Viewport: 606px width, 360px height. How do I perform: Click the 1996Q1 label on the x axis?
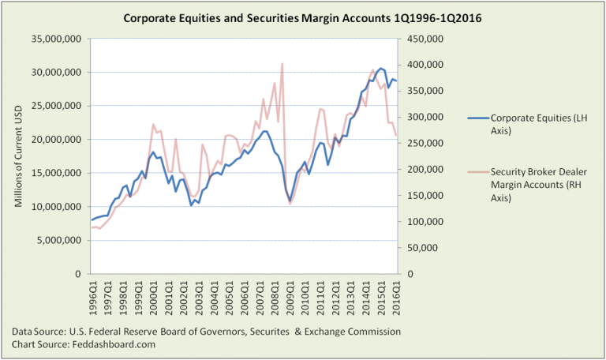click(92, 299)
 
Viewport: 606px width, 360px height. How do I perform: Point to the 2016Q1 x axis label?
click(397, 299)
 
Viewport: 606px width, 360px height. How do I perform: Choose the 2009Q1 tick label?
click(290, 299)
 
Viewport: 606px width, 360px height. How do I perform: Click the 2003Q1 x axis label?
click(199, 299)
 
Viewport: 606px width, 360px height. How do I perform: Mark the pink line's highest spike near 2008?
click(282, 64)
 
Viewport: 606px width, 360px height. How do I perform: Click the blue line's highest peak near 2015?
click(380, 69)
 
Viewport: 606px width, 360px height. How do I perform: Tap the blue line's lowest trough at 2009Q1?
click(290, 200)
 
